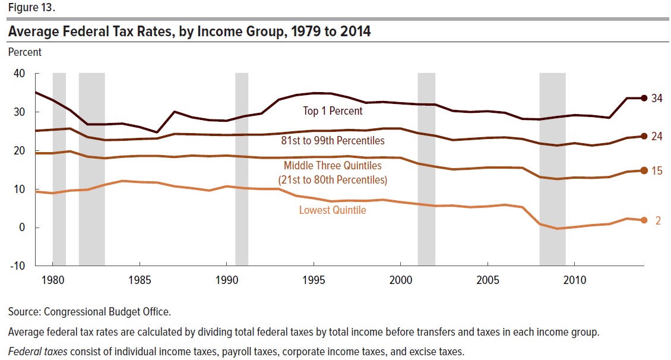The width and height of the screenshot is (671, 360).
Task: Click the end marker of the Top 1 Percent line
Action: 644,98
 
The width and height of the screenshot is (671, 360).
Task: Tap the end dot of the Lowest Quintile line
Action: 644,220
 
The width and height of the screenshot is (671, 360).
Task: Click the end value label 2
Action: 659,220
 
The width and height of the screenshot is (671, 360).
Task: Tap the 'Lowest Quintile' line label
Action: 333,210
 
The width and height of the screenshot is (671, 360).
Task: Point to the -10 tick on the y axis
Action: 17,266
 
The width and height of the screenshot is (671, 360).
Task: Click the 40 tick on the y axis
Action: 19,74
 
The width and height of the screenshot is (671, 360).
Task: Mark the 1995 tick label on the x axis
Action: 314,279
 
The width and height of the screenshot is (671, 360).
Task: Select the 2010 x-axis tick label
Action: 575,279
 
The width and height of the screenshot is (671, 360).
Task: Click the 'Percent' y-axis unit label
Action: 25,52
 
